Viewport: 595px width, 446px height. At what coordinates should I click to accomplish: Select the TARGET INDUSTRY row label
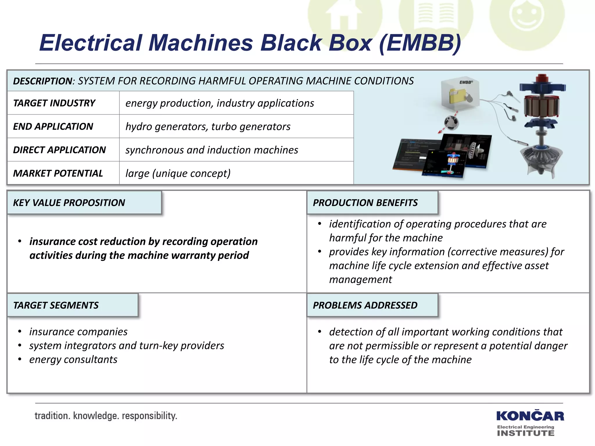[54, 103]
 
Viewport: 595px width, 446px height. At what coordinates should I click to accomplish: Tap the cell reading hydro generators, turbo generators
[208, 127]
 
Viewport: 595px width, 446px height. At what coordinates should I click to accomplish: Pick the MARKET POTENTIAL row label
[58, 173]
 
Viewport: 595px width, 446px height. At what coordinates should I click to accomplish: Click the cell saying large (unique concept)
[178, 173]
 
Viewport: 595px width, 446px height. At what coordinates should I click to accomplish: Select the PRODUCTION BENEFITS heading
[365, 203]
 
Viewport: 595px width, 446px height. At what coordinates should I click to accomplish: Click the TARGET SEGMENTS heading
[56, 305]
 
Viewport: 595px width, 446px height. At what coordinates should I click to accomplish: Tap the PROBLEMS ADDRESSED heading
[365, 305]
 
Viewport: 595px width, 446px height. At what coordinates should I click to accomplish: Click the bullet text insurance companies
[78, 332]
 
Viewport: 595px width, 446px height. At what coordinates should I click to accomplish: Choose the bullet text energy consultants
[73, 359]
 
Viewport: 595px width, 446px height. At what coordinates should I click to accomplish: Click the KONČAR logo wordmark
[530, 416]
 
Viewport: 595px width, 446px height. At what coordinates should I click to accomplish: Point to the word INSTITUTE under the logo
[526, 433]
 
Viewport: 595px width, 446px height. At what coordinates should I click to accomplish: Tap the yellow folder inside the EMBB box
[458, 96]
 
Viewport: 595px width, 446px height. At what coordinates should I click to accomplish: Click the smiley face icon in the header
[527, 16]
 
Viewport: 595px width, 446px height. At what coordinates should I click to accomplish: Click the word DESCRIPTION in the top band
[42, 81]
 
